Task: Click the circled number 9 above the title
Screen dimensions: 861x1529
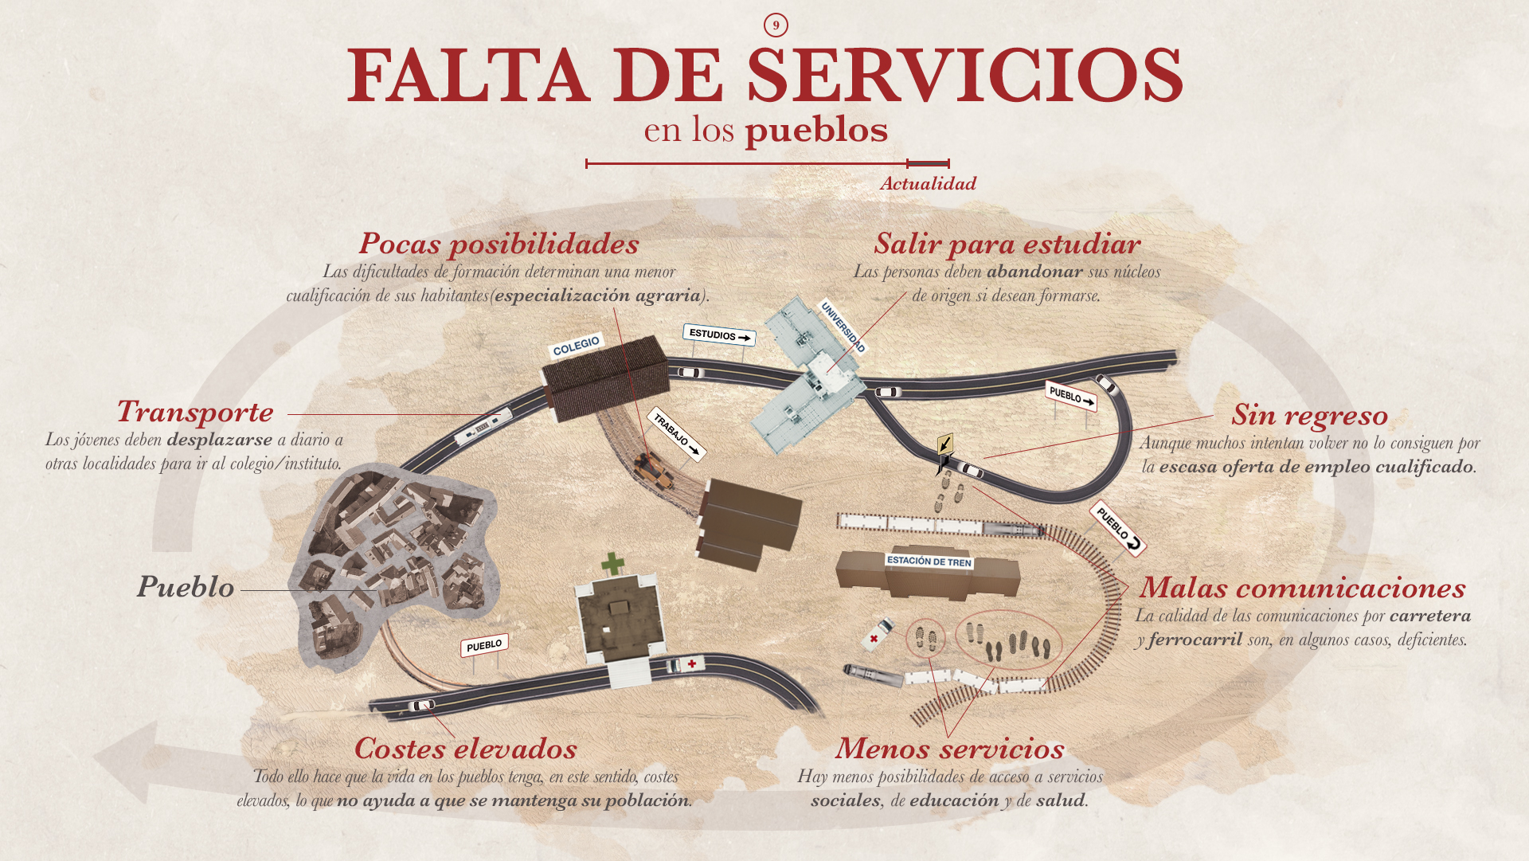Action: pos(776,25)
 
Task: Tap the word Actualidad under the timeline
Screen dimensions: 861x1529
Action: pos(928,184)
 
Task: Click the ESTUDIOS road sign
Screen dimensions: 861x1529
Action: pos(719,335)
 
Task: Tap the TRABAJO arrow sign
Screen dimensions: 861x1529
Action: pos(676,435)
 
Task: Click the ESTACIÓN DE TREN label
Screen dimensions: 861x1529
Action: pos(929,562)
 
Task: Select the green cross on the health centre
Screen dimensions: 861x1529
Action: pos(612,564)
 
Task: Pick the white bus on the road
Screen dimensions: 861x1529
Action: pos(483,427)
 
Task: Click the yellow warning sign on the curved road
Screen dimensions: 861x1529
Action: pos(945,444)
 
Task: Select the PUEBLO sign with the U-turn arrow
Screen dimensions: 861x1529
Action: pos(1118,528)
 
